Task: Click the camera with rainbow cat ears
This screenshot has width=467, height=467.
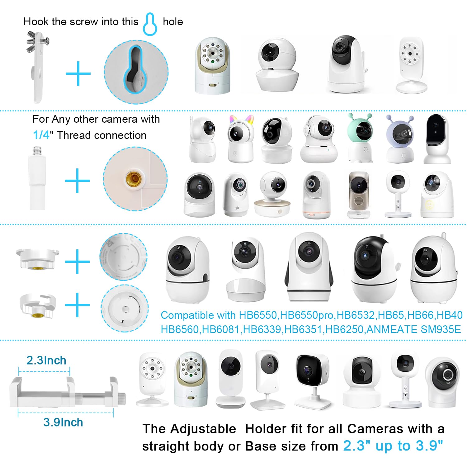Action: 240,139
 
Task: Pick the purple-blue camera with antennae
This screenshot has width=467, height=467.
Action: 400,139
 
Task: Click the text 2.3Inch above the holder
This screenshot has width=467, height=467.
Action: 46,360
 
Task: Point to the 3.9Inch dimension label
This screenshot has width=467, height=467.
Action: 63,422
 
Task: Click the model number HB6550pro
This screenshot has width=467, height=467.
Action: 306,315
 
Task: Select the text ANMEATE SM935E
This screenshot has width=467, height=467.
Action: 414,329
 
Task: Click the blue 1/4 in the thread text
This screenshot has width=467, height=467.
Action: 41,135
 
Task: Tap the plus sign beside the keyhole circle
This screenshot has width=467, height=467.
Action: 78,73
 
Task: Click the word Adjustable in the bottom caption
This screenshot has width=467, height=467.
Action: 203,429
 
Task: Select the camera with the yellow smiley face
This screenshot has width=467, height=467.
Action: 437,195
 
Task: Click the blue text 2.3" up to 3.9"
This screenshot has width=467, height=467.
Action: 393,446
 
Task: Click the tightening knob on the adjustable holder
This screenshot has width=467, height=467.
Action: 123,397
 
